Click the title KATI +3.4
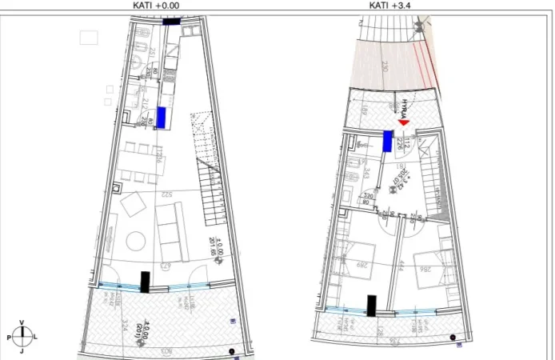[392, 5]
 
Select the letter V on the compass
[22, 323]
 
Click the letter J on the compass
[22, 351]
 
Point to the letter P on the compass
[8, 338]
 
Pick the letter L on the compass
[35, 338]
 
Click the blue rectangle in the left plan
[161, 118]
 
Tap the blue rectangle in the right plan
[388, 142]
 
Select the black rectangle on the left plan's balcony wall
[145, 282]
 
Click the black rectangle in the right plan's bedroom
[372, 306]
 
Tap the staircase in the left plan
[210, 192]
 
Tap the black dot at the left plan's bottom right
[231, 351]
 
